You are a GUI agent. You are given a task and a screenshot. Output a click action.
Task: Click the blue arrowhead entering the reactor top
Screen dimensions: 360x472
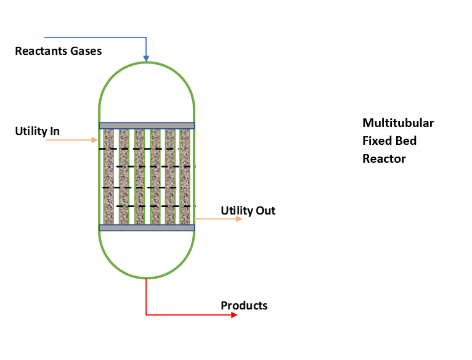tap(146, 59)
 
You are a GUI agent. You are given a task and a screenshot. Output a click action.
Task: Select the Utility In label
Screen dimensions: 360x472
tap(37, 131)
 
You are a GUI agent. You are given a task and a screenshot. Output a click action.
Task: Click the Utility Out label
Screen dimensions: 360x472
tap(248, 211)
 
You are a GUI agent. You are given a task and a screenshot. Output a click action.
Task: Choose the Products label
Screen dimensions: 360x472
tap(244, 305)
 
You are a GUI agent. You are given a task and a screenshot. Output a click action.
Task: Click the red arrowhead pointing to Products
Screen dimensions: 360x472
tap(234, 315)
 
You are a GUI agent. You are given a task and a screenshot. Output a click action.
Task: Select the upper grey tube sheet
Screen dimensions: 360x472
tap(147, 126)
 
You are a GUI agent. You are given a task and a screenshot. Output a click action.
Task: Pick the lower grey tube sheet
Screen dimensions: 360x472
tap(147, 228)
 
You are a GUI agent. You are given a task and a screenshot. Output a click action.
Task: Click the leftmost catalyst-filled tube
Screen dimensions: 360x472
tap(109, 177)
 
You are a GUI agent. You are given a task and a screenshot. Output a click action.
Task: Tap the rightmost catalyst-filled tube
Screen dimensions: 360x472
tap(184, 177)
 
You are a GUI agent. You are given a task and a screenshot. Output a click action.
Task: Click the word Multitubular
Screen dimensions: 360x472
tap(398, 123)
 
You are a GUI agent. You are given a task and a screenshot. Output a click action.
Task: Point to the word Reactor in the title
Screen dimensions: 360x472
tap(384, 158)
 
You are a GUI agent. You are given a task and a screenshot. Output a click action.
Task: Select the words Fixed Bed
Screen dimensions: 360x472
tap(389, 141)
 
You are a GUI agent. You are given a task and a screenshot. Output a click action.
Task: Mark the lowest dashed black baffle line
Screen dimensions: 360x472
tap(155, 206)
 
